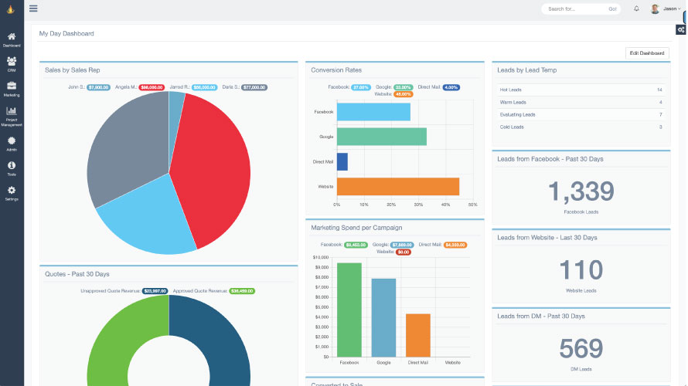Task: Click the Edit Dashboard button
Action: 646,52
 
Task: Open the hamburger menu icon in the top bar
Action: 33,8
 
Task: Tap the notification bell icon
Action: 636,9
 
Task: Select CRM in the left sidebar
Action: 12,63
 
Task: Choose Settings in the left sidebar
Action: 12,193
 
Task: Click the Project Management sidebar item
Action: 12,115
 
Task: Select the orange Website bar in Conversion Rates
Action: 397,187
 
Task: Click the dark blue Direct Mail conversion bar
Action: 342,161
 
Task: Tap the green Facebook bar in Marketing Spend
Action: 349,310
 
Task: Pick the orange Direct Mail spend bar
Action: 417,335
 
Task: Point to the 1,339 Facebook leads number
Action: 581,191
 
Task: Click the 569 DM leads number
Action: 581,349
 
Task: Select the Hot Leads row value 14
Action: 659,90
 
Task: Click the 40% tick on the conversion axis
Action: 445,205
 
